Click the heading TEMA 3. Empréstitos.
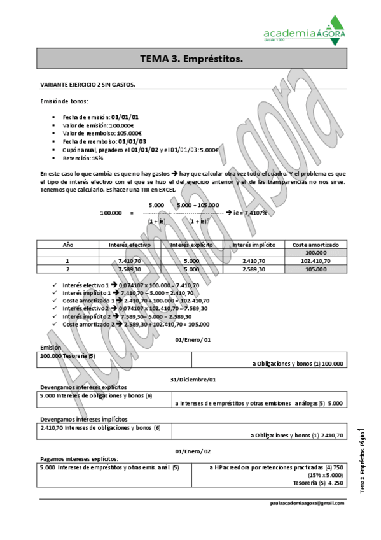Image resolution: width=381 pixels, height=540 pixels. click(x=191, y=59)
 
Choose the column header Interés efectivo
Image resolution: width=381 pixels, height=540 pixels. click(x=129, y=245)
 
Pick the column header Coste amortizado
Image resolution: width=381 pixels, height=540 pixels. click(x=315, y=245)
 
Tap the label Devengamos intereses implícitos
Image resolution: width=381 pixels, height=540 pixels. click(x=83, y=420)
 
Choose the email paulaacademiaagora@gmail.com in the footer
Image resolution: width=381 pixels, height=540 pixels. click(x=307, y=503)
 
